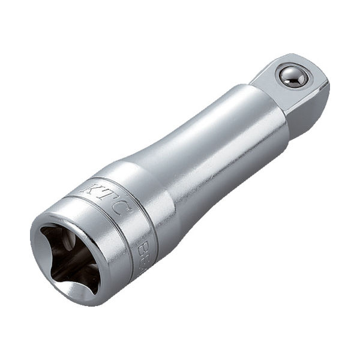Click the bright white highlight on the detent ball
click(288, 74)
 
